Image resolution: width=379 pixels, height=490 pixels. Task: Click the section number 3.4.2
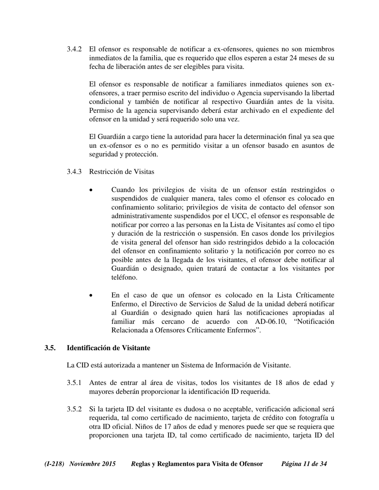click(74, 49)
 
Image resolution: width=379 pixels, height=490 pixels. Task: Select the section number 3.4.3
click(74, 172)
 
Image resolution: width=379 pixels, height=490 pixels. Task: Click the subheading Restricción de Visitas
click(121, 172)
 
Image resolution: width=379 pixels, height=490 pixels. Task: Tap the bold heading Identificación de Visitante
click(109, 348)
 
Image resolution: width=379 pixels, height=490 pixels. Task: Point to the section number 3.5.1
click(74, 383)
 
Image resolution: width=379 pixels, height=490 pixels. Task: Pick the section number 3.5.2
click(74, 409)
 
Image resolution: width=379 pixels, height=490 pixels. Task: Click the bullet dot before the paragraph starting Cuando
click(92, 190)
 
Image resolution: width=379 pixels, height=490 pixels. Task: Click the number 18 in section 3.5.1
click(279, 383)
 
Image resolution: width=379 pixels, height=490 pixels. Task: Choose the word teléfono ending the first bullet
click(124, 278)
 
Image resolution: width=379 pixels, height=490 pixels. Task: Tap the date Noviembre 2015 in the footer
click(93, 464)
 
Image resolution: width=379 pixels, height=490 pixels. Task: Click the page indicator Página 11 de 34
click(304, 464)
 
